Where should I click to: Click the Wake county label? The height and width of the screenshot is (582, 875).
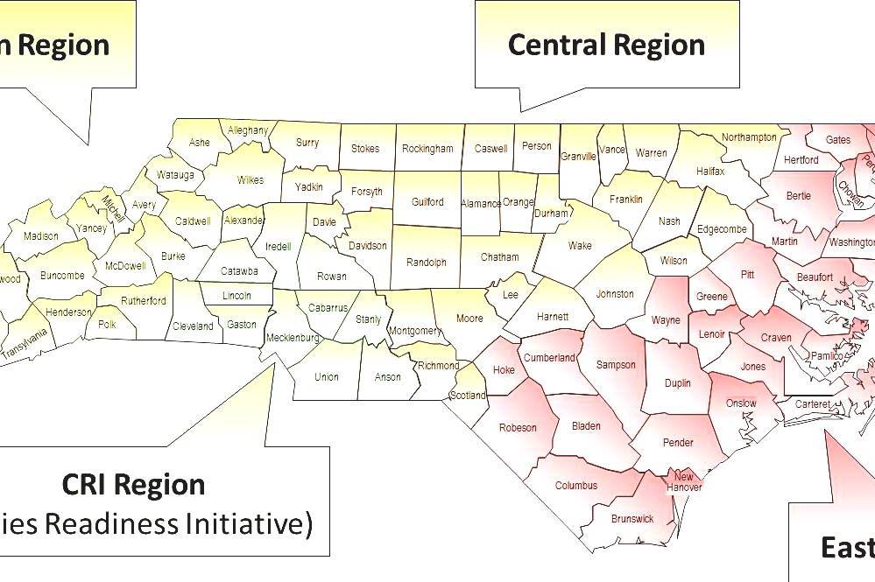pos(580,246)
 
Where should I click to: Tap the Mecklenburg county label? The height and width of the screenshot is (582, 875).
pos(293,337)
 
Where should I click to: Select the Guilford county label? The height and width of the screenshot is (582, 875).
pos(427,202)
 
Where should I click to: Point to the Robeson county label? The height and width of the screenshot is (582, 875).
pos(517,428)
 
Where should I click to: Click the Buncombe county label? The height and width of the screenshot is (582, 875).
pos(62,276)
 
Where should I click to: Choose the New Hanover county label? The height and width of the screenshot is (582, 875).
pos(684,481)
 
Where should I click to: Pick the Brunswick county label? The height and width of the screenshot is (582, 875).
pos(632,519)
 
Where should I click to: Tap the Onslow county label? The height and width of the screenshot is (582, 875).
pos(741,403)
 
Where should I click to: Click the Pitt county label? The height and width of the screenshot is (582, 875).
pos(747,275)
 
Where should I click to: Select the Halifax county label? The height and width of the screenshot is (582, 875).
pos(710,172)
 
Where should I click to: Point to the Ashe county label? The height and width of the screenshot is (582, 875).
pos(200,143)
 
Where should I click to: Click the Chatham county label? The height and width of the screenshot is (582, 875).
pos(500,257)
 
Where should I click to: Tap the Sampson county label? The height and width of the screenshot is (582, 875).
pos(615,365)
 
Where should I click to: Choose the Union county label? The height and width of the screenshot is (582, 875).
pos(326,377)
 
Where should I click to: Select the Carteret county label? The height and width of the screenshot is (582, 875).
pos(812,404)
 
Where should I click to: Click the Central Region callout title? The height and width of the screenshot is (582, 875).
pos(606,45)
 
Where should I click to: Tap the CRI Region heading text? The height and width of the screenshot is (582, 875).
pos(134,484)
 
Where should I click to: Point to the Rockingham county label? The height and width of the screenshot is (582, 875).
pos(427,149)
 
